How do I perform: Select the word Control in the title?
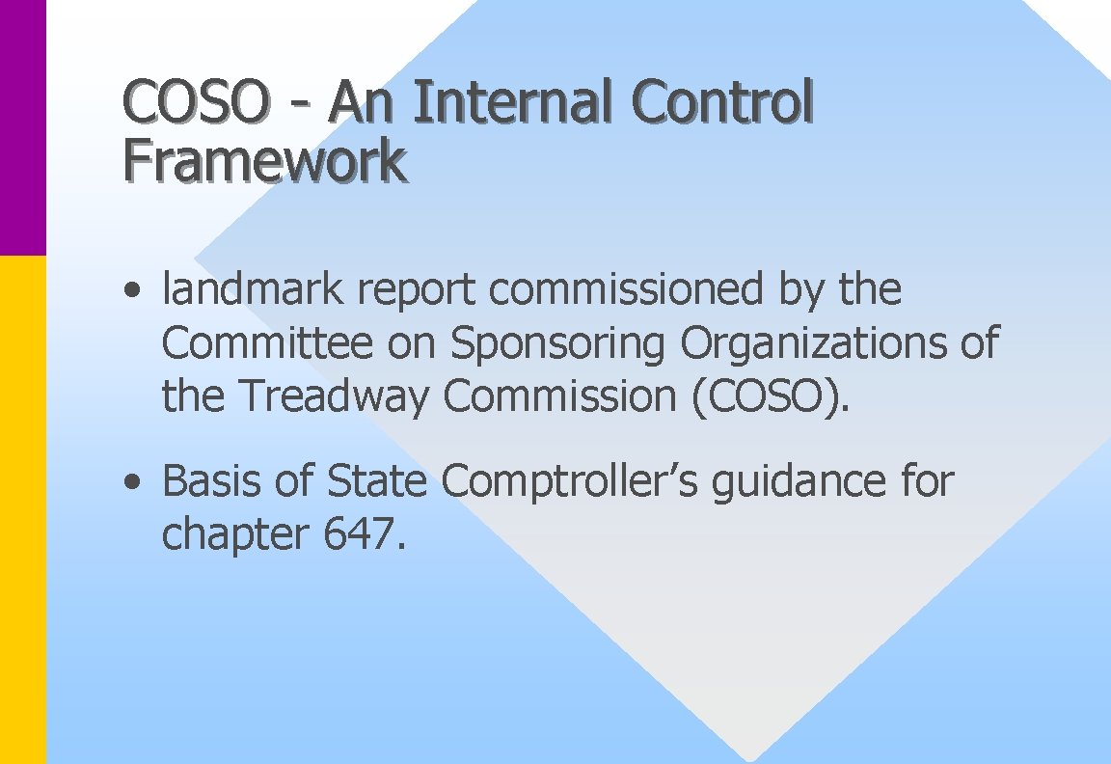coord(722,101)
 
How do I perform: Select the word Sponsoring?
coord(558,344)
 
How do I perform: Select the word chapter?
coord(235,535)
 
